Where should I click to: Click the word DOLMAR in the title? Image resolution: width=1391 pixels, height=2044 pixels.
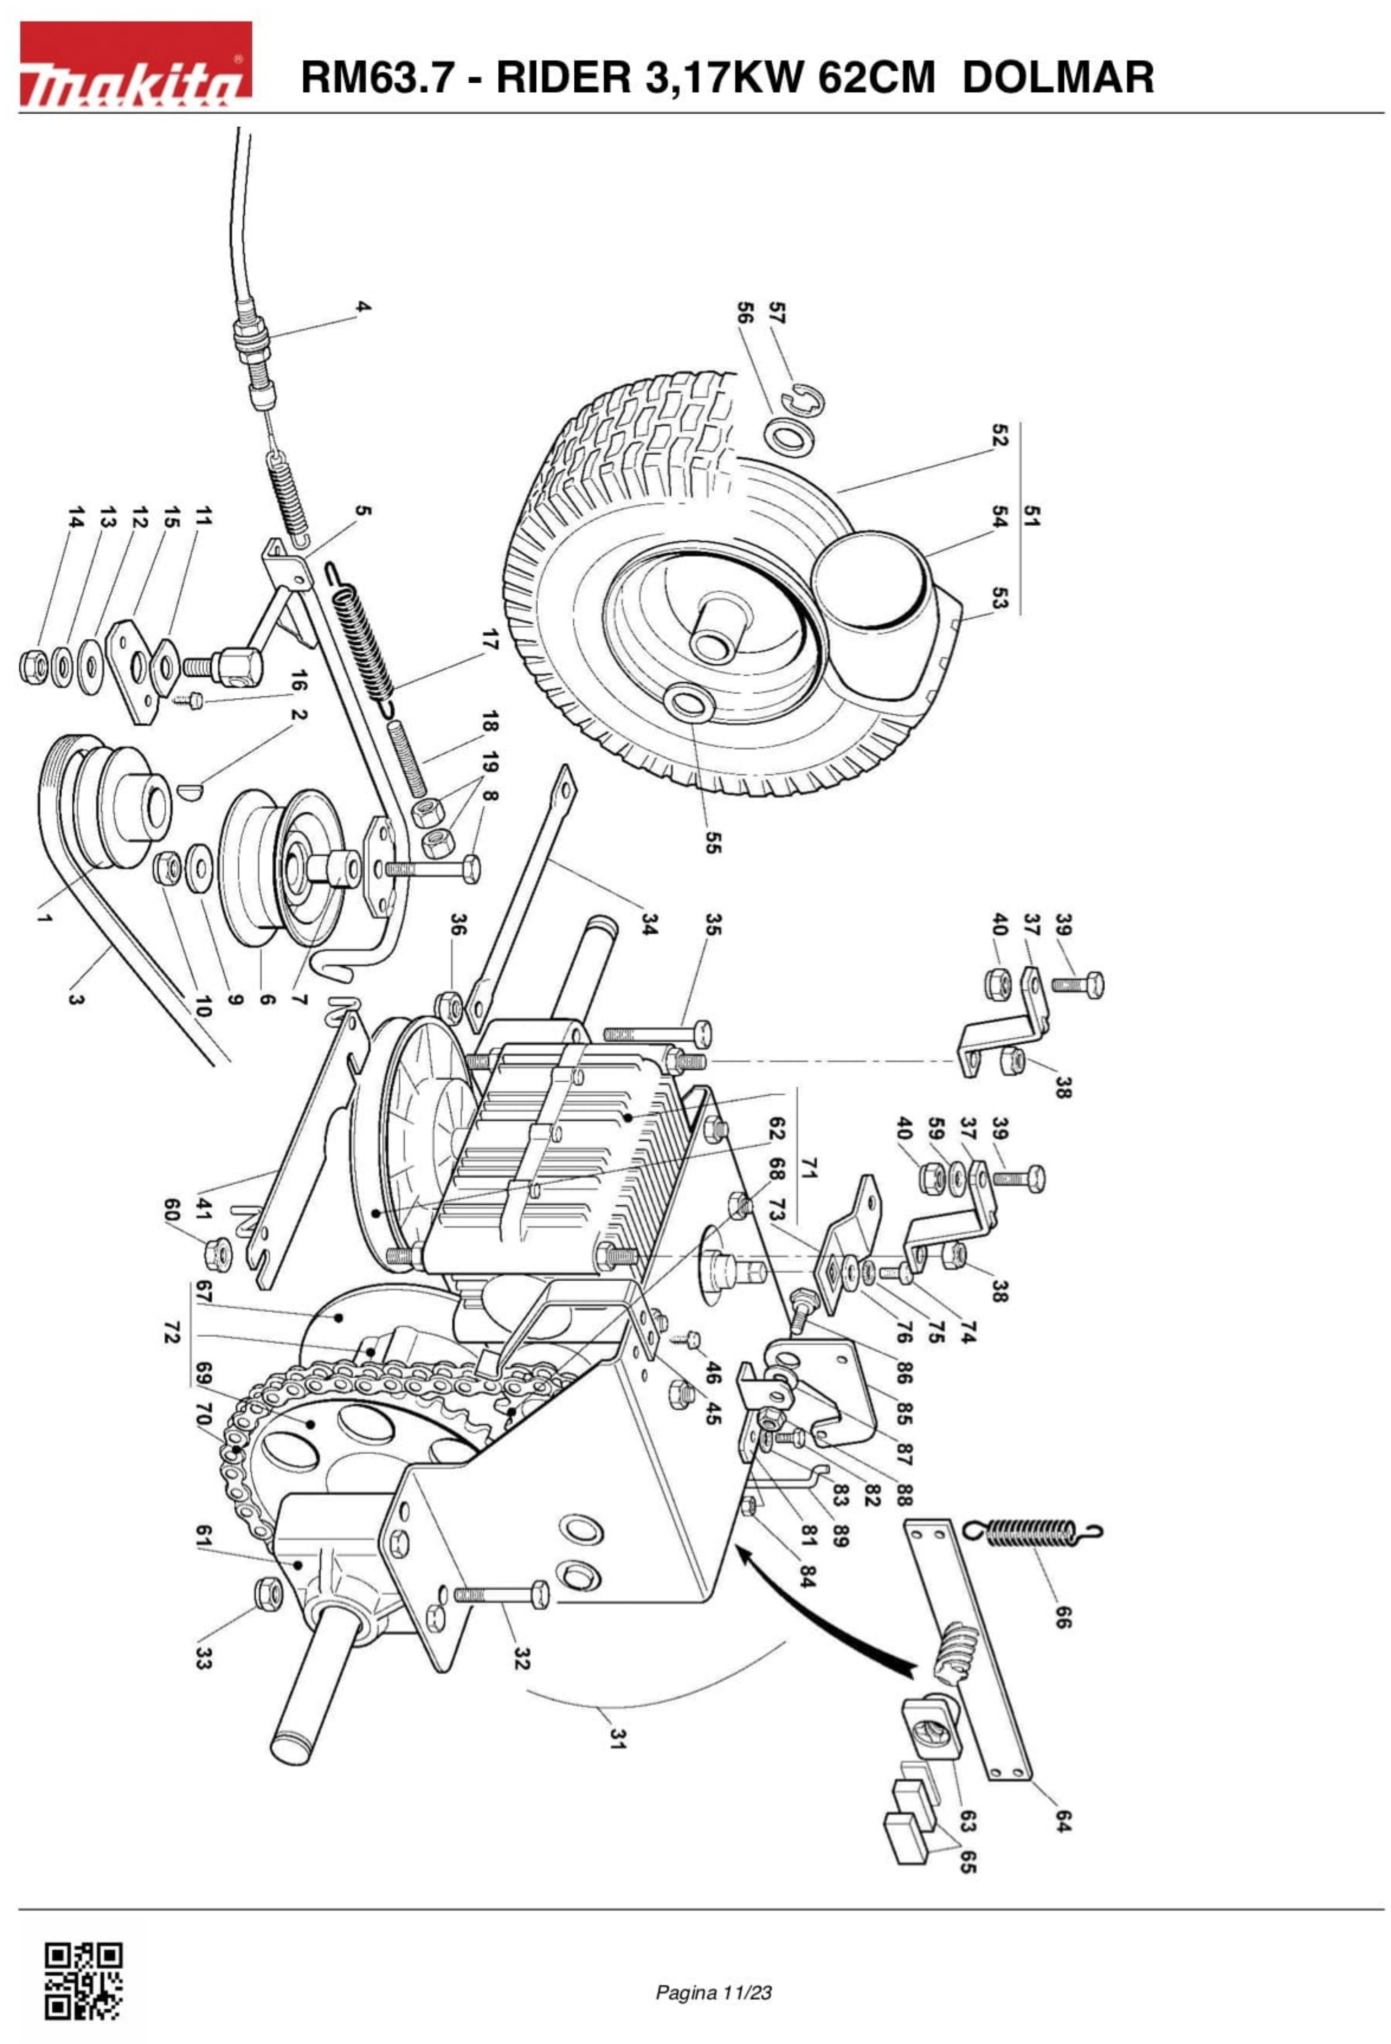[x=1058, y=77]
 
